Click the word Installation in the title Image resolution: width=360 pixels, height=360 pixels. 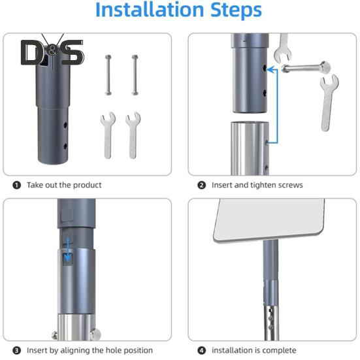pyautogui.click(x=150, y=10)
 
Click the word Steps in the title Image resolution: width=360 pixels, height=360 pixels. pyautogui.click(x=236, y=10)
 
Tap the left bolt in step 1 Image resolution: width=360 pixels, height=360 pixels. pyautogui.click(x=108, y=75)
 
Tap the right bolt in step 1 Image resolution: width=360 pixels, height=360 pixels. pyautogui.click(x=135, y=75)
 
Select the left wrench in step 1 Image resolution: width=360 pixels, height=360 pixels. pyautogui.click(x=108, y=135)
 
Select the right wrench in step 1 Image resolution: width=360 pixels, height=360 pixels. pyautogui.click(x=133, y=135)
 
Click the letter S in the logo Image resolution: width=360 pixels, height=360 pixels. pyautogui.click(x=72, y=52)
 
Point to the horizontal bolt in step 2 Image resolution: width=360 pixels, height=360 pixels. pyautogui.click(x=306, y=67)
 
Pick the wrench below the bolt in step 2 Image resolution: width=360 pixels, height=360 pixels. pyautogui.click(x=328, y=103)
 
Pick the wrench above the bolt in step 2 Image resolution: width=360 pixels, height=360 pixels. pyautogui.click(x=283, y=48)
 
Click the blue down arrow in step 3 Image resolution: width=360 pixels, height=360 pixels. pyautogui.click(x=67, y=250)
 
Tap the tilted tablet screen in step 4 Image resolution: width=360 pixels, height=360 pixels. pyautogui.click(x=269, y=220)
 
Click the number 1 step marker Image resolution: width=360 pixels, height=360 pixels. pyautogui.click(x=17, y=185)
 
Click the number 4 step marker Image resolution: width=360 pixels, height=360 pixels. pyautogui.click(x=202, y=351)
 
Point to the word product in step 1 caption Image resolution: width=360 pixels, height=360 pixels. pyautogui.click(x=88, y=186)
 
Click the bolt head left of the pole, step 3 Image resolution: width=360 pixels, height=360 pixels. pyautogui.click(x=55, y=335)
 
